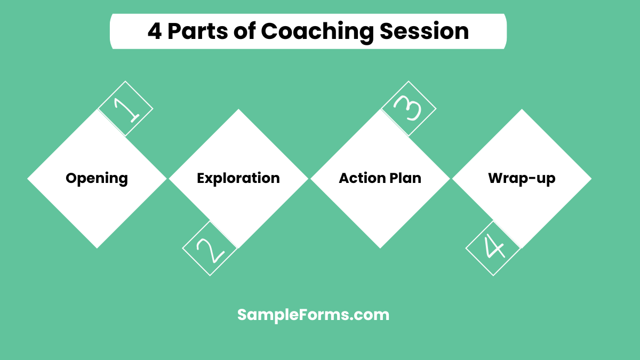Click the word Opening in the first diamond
pos(97,178)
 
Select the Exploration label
pos(238,178)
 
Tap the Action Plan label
pos(380,178)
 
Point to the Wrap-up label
pos(522,178)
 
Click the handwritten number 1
pos(126,108)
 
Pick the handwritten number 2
pos(210,249)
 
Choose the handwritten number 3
pos(409,108)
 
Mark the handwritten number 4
pos(493,249)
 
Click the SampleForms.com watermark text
pos(313,315)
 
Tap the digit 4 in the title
pos(154,31)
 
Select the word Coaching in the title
pos(317,31)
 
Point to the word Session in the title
pos(424,31)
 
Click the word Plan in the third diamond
pos(405,178)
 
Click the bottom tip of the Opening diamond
pos(97,247)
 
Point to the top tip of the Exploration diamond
pos(238,110)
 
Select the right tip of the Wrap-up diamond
pos(590,179)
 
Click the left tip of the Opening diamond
pos(28,179)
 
